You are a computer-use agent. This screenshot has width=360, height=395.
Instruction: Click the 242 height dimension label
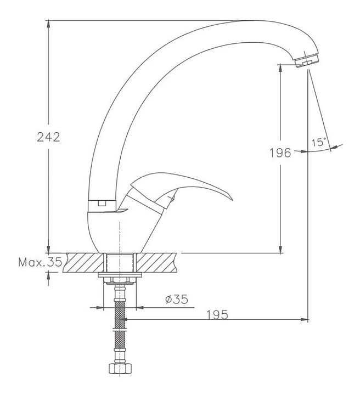pyautogui.click(x=49, y=137)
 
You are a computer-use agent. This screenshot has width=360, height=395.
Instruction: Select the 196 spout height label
pyautogui.click(x=280, y=153)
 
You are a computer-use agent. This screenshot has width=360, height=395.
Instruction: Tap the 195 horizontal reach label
pyautogui.click(x=217, y=315)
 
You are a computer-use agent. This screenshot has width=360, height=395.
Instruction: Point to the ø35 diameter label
pyautogui.click(x=177, y=300)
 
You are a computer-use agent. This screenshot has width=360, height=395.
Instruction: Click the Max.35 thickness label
pyautogui.click(x=40, y=262)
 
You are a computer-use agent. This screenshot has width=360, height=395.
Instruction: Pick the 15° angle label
pyautogui.click(x=319, y=142)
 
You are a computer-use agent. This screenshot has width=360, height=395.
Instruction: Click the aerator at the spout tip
pyautogui.click(x=306, y=61)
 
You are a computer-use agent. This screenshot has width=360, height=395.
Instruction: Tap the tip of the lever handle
pyautogui.click(x=232, y=200)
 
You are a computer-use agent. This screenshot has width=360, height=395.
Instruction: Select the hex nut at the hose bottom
pyautogui.click(x=120, y=368)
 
